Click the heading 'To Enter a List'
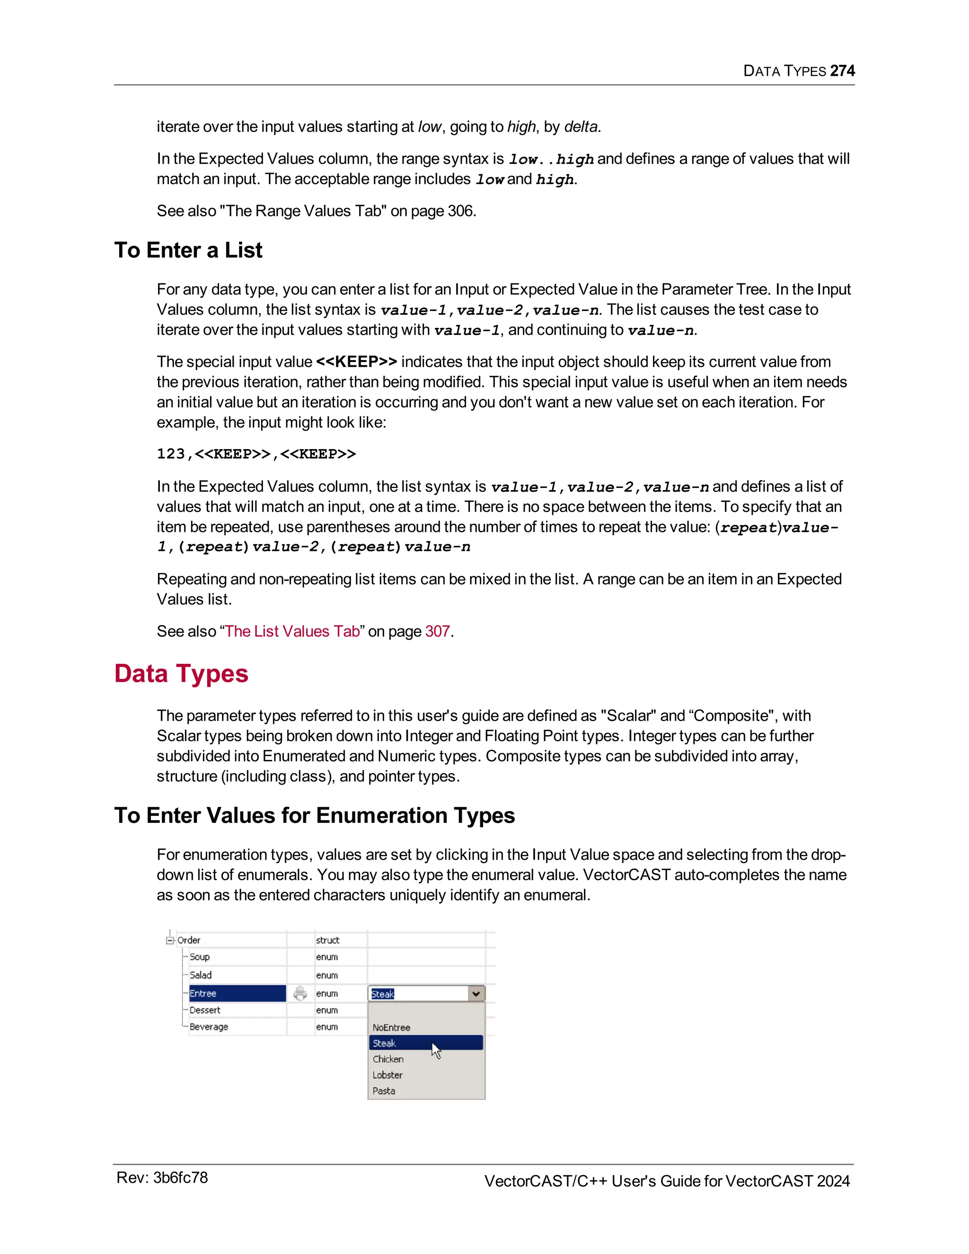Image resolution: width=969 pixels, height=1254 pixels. tap(188, 250)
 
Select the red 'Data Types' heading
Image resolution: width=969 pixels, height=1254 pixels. tap(181, 673)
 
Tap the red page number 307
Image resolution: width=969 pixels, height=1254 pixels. tap(438, 631)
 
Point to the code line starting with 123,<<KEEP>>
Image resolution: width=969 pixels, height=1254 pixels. tap(256, 454)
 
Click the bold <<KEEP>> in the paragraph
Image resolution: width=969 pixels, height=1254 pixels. tap(356, 362)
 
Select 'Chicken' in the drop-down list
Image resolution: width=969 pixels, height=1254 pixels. tap(388, 1059)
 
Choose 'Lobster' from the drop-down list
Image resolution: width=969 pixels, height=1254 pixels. tap(388, 1075)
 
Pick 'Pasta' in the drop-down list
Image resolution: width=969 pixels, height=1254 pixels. tap(384, 1090)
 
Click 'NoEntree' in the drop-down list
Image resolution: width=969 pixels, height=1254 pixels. tap(391, 1027)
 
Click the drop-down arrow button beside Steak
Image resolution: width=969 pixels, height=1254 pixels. tap(476, 993)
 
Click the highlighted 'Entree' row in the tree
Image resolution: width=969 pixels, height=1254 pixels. tap(237, 993)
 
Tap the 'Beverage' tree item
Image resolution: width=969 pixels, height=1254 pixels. tap(209, 1027)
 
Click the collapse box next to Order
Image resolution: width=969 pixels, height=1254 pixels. tap(170, 940)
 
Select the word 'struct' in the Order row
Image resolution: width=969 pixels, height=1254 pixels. tap(327, 940)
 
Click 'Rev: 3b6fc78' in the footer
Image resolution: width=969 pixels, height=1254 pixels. tap(162, 1178)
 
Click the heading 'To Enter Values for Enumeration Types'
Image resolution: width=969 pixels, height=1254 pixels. tap(315, 815)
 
